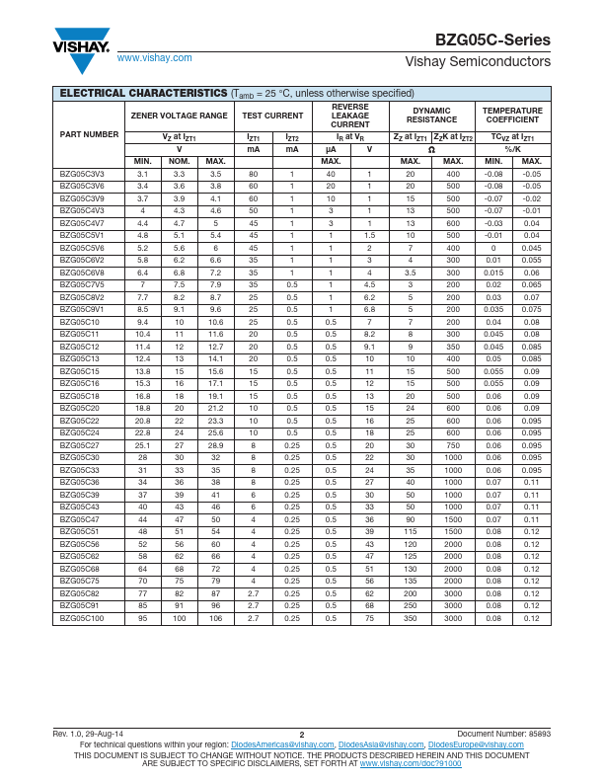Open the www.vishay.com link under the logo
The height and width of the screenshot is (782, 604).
(x=154, y=58)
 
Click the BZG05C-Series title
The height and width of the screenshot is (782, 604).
(x=492, y=40)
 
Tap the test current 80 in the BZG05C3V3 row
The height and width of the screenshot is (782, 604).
(x=253, y=174)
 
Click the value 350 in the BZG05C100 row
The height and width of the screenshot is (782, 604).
(x=410, y=618)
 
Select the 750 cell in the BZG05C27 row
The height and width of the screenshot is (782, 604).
(x=453, y=445)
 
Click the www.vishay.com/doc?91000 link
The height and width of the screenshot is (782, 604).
(x=410, y=763)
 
